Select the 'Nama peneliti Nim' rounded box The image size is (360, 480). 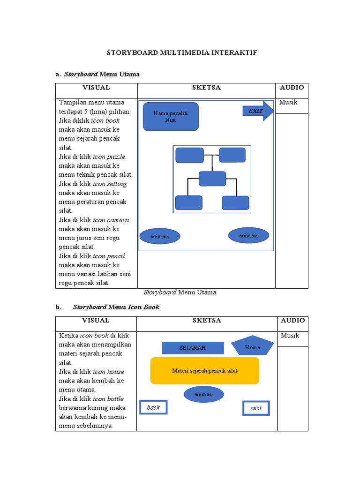point(171,117)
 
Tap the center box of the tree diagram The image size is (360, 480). point(212,179)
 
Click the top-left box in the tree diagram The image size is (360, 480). point(189,155)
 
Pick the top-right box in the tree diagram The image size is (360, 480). point(232,155)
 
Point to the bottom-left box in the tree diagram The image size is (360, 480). point(188,202)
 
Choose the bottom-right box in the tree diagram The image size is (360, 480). point(236,202)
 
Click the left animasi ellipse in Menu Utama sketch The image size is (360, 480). point(160,237)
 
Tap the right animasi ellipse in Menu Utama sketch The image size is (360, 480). point(249,235)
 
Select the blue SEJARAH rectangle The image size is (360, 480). point(193,348)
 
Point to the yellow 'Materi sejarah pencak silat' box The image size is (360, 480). point(204,370)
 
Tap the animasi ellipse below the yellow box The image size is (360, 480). point(203,394)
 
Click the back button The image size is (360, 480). point(153,407)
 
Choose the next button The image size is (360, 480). point(256,408)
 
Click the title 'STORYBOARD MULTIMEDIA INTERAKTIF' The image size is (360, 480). point(182,53)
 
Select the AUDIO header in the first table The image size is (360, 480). point(292,88)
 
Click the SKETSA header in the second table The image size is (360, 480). point(207,321)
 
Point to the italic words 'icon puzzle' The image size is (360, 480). point(109,157)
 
